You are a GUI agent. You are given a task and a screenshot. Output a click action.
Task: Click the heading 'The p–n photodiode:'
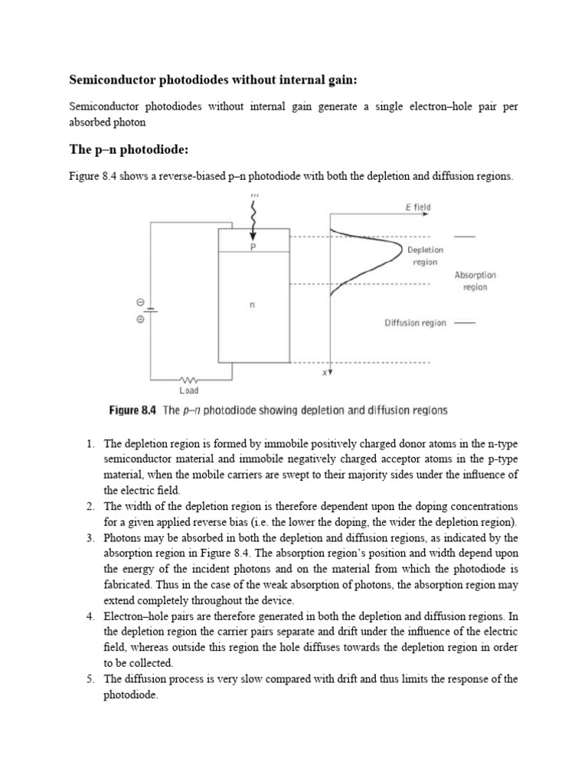[128, 149]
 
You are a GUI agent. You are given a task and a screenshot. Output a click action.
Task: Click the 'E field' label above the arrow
[417, 207]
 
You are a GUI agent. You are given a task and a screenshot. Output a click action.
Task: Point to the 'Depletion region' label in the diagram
[425, 256]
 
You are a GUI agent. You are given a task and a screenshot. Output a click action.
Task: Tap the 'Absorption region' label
[475, 280]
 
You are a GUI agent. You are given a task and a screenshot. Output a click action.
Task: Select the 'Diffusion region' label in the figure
[415, 323]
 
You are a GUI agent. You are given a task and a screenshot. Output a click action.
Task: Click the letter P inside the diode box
[253, 247]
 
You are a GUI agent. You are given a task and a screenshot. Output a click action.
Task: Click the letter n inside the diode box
[253, 305]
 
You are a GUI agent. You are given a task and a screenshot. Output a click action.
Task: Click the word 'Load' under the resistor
[188, 390]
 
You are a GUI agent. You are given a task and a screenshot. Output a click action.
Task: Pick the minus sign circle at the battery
[140, 302]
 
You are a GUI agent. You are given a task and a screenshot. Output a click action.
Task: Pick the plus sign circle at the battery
[140, 319]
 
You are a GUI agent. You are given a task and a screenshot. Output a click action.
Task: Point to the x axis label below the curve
[324, 373]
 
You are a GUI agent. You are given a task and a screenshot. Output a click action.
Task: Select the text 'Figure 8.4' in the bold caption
[133, 410]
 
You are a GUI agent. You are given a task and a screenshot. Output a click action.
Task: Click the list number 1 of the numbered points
[90, 443]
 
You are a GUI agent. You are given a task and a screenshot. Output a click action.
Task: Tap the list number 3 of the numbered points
[90, 538]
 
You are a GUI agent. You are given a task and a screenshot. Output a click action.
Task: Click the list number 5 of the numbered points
[90, 679]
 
